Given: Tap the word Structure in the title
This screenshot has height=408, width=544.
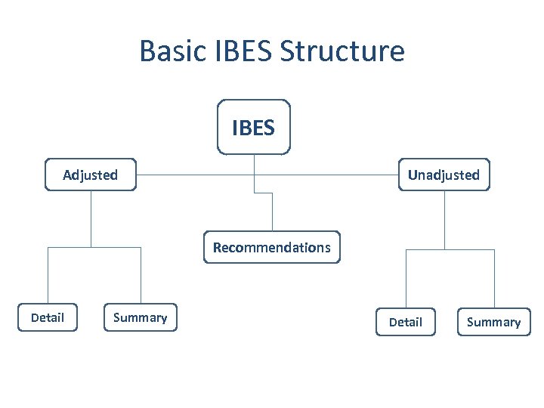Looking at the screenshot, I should click(x=342, y=51).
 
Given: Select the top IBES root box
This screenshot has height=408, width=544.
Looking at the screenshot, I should click(x=253, y=127).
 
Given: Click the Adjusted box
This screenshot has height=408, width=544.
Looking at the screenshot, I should click(x=91, y=175).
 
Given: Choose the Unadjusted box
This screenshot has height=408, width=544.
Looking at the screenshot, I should click(x=444, y=175).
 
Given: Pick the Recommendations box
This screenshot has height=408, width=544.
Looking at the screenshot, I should click(x=272, y=247).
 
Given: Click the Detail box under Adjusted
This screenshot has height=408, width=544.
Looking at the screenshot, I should click(x=48, y=317).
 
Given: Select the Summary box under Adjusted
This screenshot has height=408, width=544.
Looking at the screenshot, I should click(x=140, y=317).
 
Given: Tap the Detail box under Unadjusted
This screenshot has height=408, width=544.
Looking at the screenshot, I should click(x=406, y=322).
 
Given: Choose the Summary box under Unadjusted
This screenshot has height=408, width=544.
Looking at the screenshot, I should click(x=493, y=322).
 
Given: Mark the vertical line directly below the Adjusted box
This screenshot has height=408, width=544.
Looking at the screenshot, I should click(x=91, y=219).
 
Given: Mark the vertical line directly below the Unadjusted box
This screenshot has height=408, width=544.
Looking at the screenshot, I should click(x=444, y=219).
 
